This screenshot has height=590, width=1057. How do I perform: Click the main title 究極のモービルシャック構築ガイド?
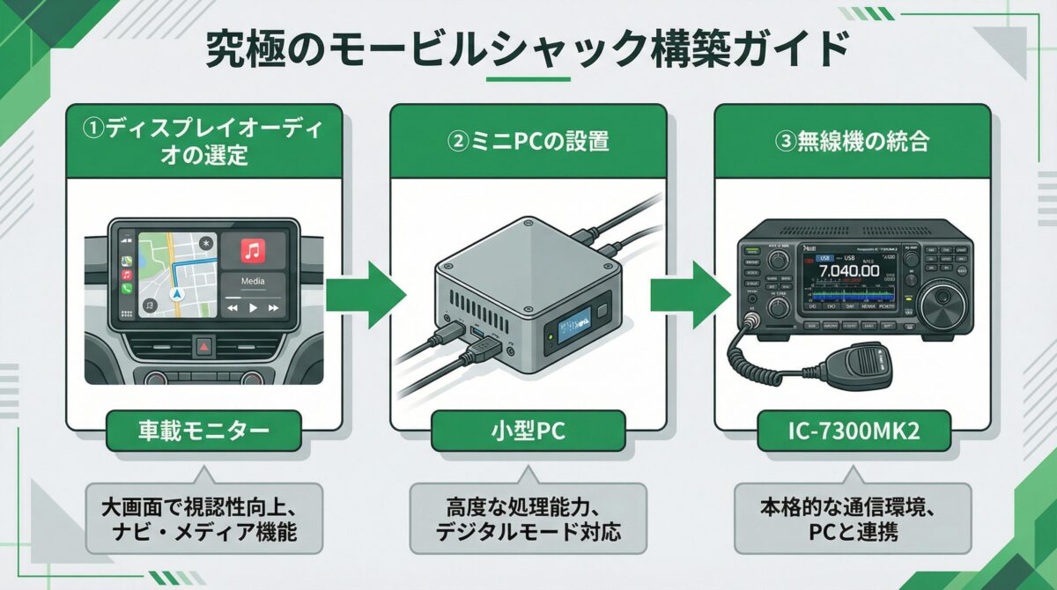point(528,51)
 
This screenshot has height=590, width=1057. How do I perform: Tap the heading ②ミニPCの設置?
point(528,141)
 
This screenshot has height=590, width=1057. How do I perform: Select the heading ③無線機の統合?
point(851,141)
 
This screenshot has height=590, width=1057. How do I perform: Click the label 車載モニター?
point(204,431)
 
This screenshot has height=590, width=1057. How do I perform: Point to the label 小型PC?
point(528,431)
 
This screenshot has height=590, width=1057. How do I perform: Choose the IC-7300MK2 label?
point(851,431)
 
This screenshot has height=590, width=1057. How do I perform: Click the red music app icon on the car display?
point(253,252)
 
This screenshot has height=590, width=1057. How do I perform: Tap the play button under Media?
point(253,308)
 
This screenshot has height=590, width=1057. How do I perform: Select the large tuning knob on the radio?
point(940,299)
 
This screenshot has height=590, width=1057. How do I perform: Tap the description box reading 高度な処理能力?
point(528,520)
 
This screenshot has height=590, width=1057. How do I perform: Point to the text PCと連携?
point(851,533)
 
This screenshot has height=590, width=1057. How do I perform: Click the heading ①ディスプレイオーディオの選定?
point(204,141)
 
